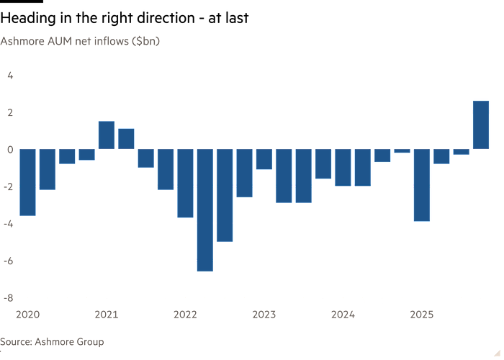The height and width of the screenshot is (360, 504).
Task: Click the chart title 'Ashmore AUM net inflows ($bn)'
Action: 80,41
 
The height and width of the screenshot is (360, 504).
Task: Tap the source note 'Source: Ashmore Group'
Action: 52,341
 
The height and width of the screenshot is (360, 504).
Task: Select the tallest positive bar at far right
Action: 480,125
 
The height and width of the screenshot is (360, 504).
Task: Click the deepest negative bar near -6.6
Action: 205,210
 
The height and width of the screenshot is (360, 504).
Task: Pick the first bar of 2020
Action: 27,182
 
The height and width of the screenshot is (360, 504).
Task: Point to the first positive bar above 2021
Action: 107,135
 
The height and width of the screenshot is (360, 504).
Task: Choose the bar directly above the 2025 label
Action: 421,185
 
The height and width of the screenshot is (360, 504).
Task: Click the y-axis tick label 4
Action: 11,75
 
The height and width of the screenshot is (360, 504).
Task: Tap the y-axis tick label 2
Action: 11,112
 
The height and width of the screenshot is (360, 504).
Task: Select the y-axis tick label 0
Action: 11,149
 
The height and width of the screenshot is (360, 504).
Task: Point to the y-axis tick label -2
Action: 9,186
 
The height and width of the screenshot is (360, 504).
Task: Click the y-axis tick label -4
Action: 9,223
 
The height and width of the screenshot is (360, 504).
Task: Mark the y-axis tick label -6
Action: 9,261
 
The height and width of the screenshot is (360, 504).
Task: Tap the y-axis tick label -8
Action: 9,297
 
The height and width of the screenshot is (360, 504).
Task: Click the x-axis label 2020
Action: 27,314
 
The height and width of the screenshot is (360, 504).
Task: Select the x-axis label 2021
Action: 107,314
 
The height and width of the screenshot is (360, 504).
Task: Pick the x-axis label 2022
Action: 185,314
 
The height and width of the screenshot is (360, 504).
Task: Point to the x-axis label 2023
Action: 264,314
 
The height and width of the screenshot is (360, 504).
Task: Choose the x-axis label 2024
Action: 343,314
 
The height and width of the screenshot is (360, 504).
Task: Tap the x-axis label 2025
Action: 421,314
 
